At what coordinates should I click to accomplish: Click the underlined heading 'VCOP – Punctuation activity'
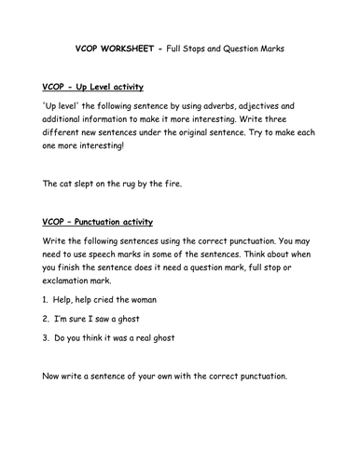click(98, 222)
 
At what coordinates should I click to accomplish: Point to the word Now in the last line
click(55, 403)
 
